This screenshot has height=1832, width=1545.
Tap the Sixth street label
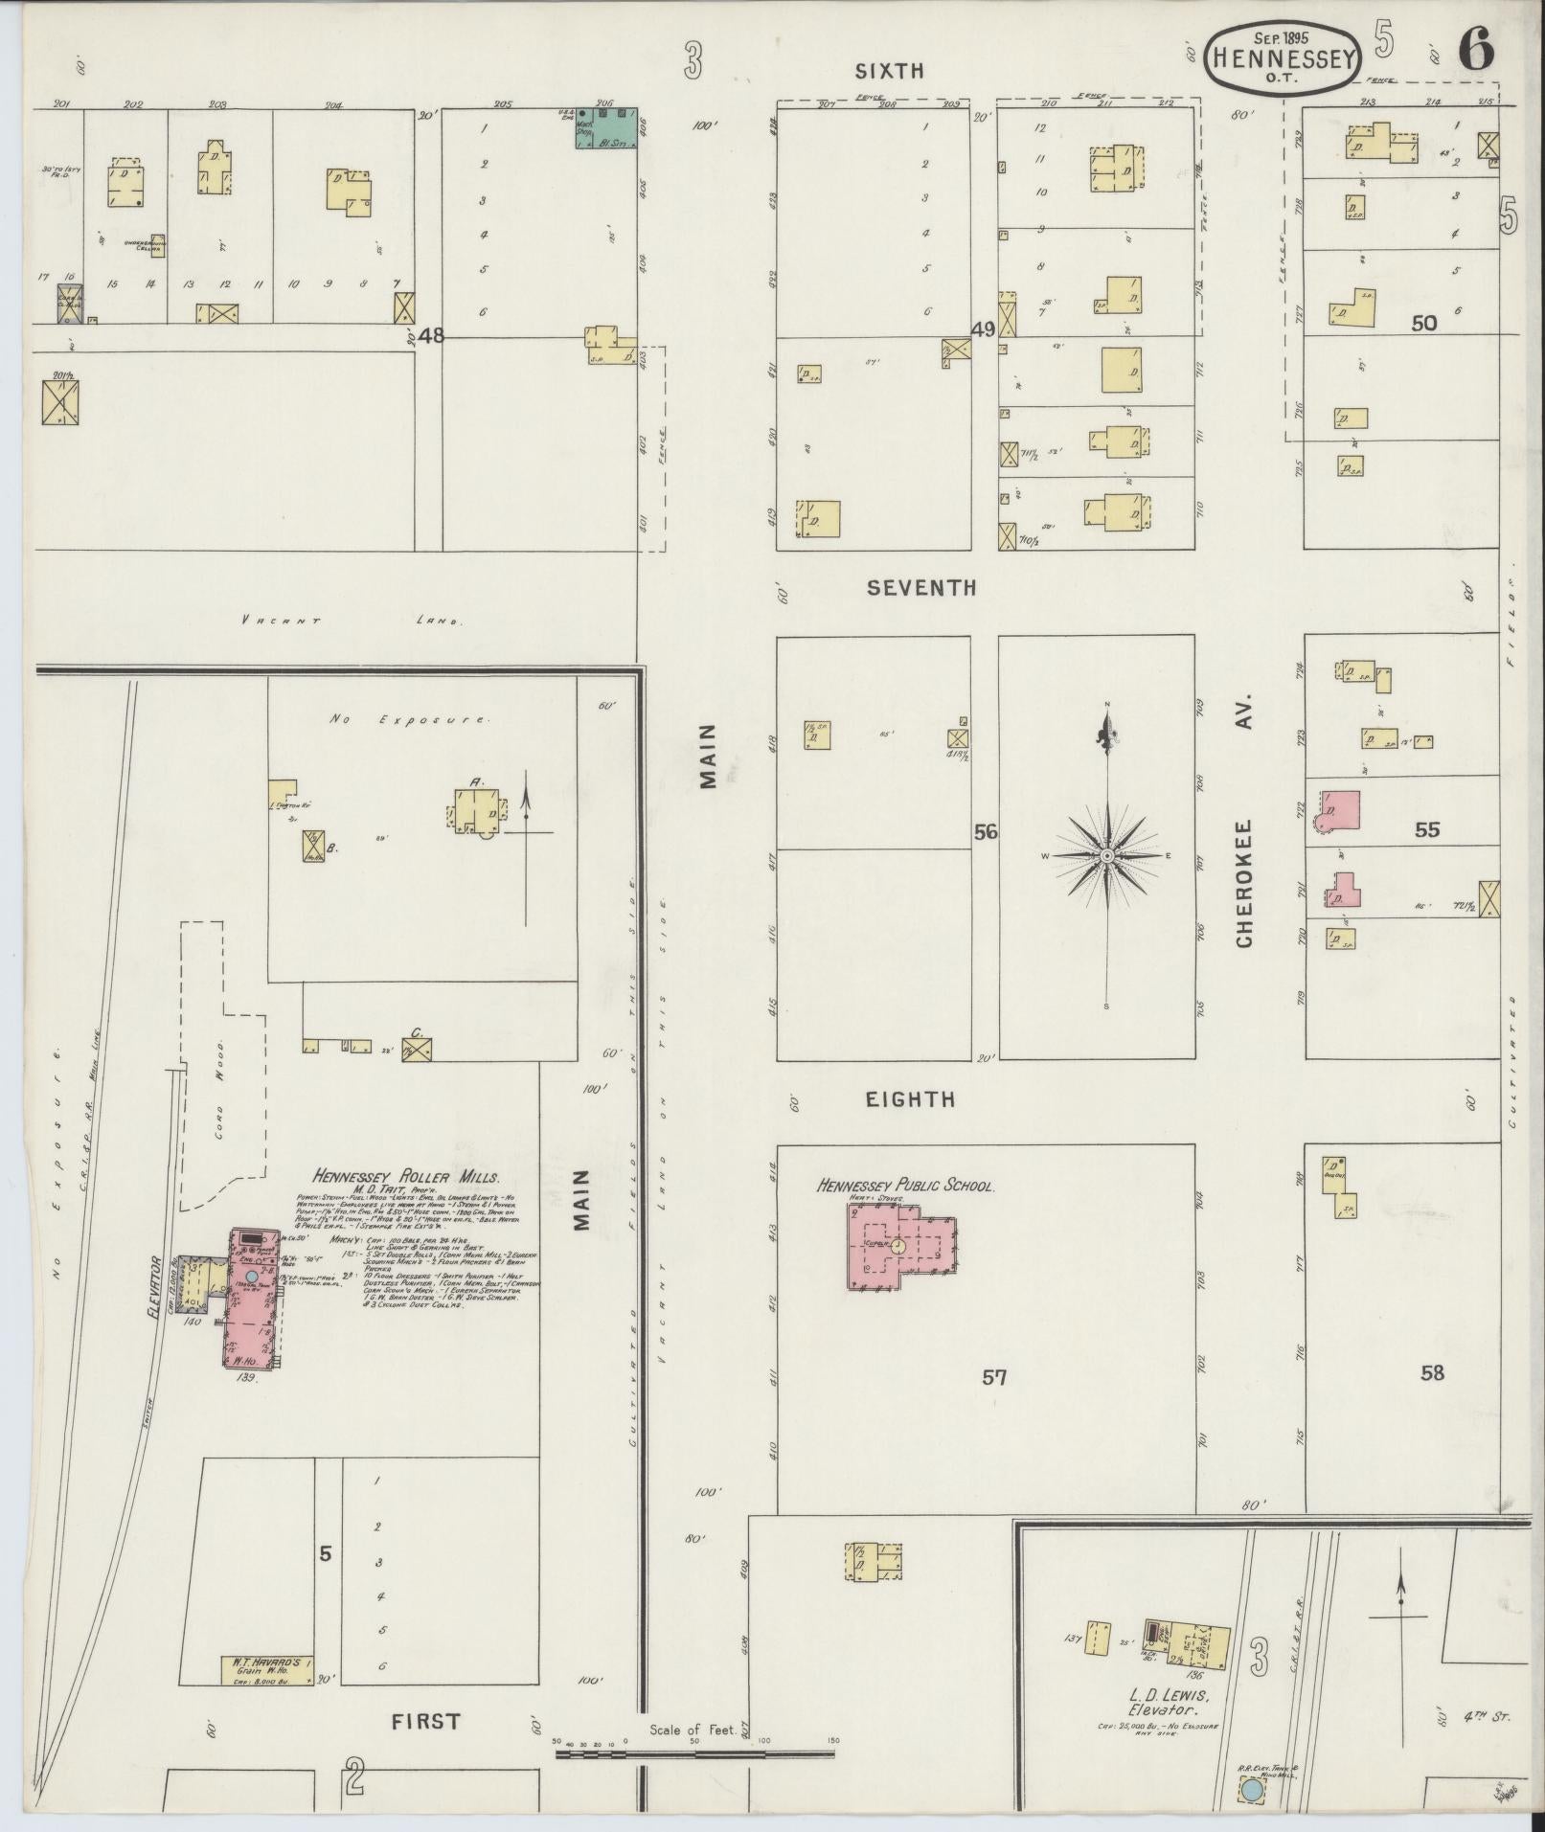(889, 70)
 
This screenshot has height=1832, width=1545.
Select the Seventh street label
(920, 588)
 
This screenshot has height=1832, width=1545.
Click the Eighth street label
(910, 1099)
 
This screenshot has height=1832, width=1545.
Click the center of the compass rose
(1107, 854)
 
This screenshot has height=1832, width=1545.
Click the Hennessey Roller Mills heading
(405, 1177)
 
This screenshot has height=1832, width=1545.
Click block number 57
(994, 1378)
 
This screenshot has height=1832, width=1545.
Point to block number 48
(432, 335)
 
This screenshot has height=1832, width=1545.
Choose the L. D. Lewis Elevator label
(1164, 1703)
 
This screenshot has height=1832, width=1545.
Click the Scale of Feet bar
(695, 1754)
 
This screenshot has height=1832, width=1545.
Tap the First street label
(425, 1721)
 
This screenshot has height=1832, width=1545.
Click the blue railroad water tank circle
(1251, 1788)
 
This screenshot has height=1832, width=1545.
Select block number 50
(1423, 324)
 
